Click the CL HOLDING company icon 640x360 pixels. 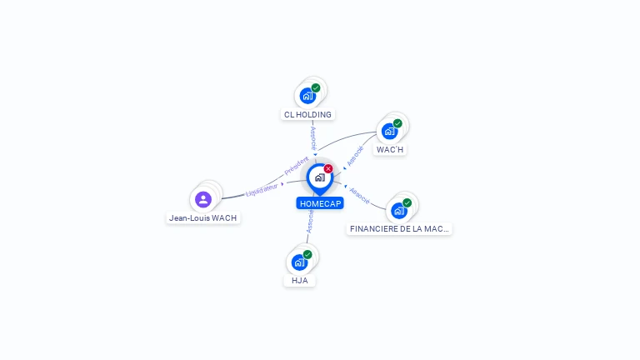(308, 96)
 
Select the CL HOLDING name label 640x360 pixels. (307, 115)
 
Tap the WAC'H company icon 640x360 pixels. (389, 131)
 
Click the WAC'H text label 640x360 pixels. (390, 150)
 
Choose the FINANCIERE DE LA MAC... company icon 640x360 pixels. (399, 210)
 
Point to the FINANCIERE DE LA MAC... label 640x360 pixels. (399, 228)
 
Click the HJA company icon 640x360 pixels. (300, 262)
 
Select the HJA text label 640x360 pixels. (300, 281)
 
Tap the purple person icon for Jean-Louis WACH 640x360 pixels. (203, 199)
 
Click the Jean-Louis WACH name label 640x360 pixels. (203, 218)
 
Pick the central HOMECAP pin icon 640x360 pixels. (319, 177)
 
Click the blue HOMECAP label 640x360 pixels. (320, 203)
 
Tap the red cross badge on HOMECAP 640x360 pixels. (328, 168)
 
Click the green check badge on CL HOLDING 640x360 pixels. (316, 87)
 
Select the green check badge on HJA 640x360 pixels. (307, 254)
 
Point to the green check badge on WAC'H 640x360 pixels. (397, 123)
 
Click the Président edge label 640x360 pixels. (296, 166)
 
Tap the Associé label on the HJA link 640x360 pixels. (310, 221)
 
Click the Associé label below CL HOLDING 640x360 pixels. (313, 138)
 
